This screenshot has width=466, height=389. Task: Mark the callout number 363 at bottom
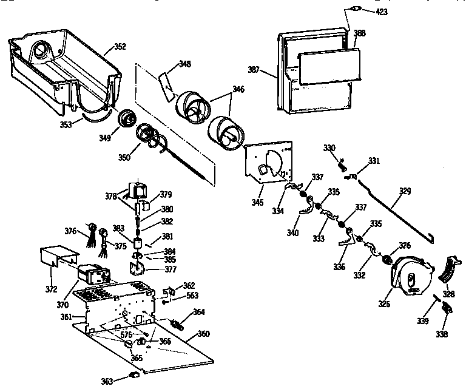click(x=107, y=381)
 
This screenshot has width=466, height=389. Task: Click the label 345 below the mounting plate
click(x=257, y=202)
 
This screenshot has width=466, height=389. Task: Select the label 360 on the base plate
click(x=203, y=334)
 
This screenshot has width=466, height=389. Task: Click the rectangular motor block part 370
click(x=92, y=275)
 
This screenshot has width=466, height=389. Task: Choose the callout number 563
click(x=192, y=296)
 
